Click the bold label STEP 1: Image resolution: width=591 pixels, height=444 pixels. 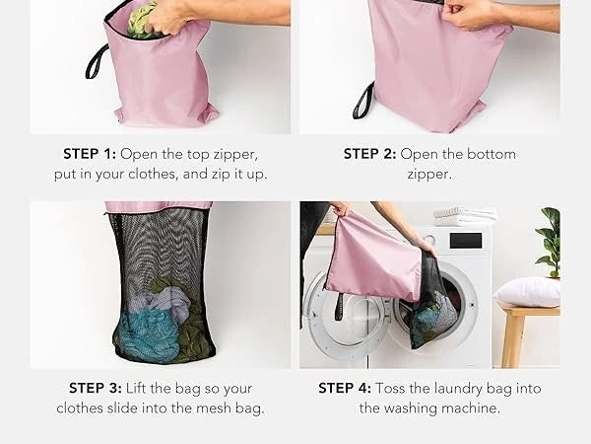(90, 154)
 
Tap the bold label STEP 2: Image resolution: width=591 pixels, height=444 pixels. (369, 154)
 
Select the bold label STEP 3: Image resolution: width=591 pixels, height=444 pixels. (96, 388)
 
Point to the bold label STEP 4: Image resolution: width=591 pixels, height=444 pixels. (345, 388)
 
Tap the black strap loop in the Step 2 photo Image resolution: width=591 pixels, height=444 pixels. (362, 102)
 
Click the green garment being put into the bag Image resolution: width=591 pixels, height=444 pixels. (141, 21)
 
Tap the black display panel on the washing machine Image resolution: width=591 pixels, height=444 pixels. (466, 241)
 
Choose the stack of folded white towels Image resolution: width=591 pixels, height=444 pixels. (464, 215)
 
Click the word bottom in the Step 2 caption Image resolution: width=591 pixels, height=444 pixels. (492, 154)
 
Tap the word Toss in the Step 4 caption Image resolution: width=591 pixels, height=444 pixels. (390, 388)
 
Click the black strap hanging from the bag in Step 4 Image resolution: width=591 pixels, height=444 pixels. (340, 306)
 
